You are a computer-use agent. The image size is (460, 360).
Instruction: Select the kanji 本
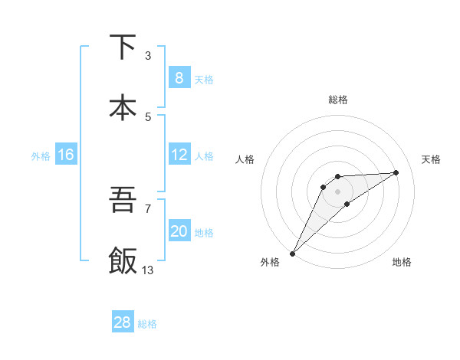tap(123, 107)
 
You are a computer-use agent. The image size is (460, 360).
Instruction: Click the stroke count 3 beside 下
tap(148, 55)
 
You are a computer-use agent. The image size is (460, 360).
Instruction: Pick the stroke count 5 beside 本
tap(148, 116)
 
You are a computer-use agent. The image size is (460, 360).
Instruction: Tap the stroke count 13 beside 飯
tap(148, 270)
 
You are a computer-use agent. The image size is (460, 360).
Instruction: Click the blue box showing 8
tap(179, 78)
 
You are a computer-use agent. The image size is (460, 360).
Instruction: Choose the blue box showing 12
tap(179, 155)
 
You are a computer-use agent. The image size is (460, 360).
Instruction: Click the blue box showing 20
tap(179, 231)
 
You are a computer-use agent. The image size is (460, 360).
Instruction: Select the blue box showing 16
tap(66, 155)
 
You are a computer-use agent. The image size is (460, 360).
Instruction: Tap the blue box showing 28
tap(123, 322)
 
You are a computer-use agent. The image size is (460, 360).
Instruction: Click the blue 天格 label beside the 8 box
tap(204, 80)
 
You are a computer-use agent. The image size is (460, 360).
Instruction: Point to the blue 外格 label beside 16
tap(41, 155)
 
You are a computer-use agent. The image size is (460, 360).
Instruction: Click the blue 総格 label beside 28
tap(147, 324)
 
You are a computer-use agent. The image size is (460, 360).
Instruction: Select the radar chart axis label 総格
tap(337, 100)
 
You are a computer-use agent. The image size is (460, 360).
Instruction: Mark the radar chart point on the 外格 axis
tap(292, 253)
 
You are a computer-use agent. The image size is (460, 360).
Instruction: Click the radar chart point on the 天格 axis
tap(396, 172)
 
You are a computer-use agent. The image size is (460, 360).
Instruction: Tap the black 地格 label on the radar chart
tap(402, 263)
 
